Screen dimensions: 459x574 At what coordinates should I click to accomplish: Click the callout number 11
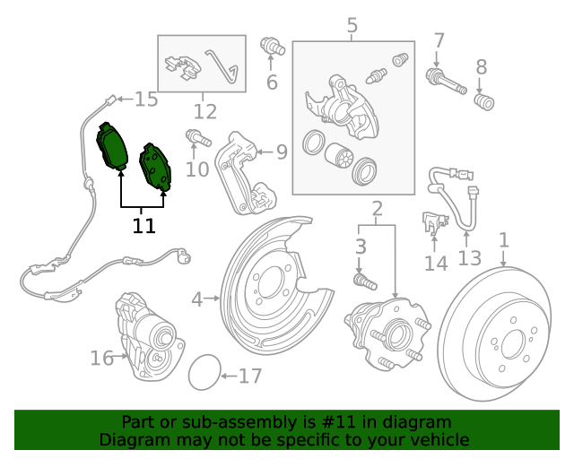143,224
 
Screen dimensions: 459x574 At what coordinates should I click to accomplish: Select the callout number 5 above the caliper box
352,26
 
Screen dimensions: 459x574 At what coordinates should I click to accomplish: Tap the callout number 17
250,376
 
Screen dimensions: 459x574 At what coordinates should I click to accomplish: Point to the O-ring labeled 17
204,373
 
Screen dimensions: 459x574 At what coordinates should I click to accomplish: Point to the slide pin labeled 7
446,82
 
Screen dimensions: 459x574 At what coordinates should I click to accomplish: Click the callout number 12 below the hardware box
204,112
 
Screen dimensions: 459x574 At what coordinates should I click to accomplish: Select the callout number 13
469,259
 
